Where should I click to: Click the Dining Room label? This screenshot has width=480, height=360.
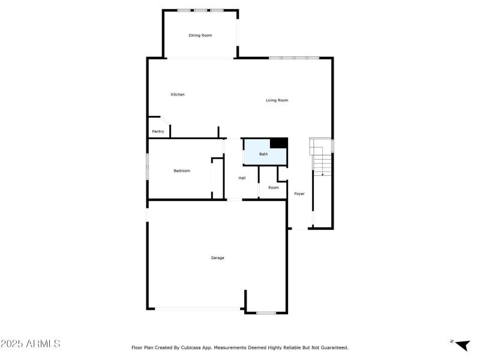(x=200, y=35)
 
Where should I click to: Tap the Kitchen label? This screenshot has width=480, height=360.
(x=178, y=94)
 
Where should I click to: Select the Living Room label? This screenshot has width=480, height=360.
(x=277, y=100)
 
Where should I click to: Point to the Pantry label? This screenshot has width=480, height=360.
(x=158, y=131)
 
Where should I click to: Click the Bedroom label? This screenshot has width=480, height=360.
(x=182, y=171)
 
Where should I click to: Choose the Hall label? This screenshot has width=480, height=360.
(x=242, y=178)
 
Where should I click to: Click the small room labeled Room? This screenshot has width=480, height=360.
(x=274, y=188)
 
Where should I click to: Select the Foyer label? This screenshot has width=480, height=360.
(x=299, y=194)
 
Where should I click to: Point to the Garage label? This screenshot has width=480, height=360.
(x=217, y=258)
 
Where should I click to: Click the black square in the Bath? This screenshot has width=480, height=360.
(x=278, y=142)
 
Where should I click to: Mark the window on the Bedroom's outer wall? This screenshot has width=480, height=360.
(x=148, y=166)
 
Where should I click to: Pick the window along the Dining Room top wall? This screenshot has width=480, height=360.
(x=200, y=10)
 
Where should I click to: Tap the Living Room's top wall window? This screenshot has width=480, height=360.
(x=294, y=58)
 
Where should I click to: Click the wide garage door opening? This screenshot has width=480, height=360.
(x=198, y=309)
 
